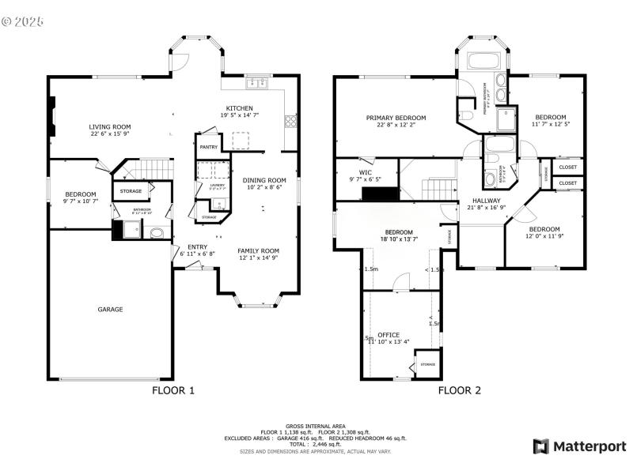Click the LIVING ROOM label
tap(109, 126)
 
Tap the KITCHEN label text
tap(239, 108)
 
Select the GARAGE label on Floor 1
tap(110, 309)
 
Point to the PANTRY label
tap(209, 147)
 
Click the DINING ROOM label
tap(264, 180)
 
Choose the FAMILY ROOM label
tap(259, 250)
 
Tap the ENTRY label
tap(197, 246)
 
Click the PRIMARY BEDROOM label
tap(396, 118)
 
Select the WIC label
tap(365, 172)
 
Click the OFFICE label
tap(389, 335)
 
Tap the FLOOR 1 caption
tap(172, 389)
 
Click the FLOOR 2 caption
tap(460, 389)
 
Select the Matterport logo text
tap(589, 446)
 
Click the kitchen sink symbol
tap(258, 82)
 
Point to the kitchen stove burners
tap(291, 121)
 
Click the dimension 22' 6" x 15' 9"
tap(109, 134)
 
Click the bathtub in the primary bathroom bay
tap(483, 62)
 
